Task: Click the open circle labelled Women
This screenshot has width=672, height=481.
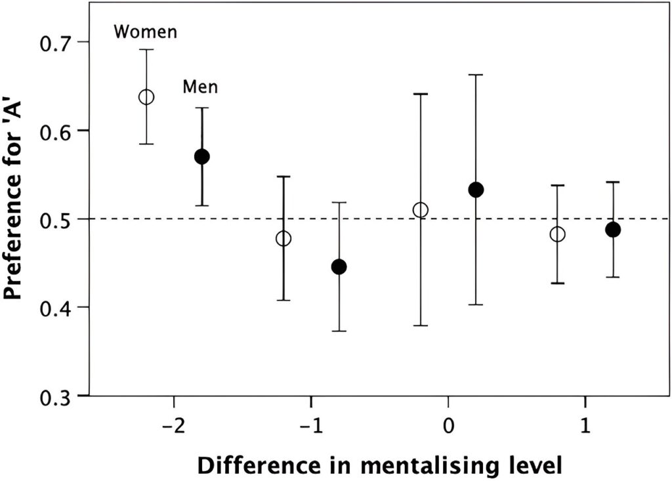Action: pyautogui.click(x=146, y=97)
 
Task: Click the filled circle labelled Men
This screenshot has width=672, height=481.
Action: pyautogui.click(x=201, y=156)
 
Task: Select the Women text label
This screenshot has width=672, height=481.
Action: pyautogui.click(x=145, y=32)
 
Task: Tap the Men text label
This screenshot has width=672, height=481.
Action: pyautogui.click(x=200, y=87)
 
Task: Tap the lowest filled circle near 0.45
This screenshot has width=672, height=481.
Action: pyautogui.click(x=339, y=266)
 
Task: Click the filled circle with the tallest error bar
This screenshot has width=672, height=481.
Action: pyautogui.click(x=476, y=190)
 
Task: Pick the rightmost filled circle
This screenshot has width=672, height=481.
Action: pyautogui.click(x=613, y=230)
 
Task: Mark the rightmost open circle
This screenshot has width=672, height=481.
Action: pyautogui.click(x=557, y=234)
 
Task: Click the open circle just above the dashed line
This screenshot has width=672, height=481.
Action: pyautogui.click(x=421, y=210)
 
